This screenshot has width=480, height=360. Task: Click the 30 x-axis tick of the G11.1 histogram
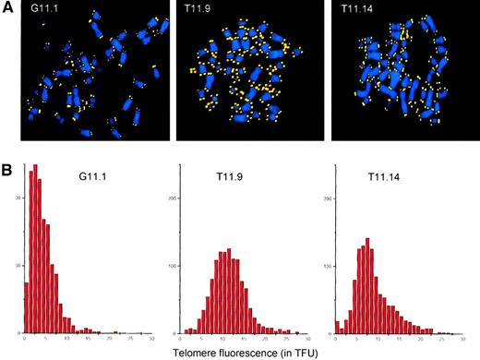[x=150, y=339]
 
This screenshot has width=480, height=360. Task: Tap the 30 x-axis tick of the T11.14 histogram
[x=465, y=339]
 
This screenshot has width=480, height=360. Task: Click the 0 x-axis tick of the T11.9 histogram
[x=181, y=339]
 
